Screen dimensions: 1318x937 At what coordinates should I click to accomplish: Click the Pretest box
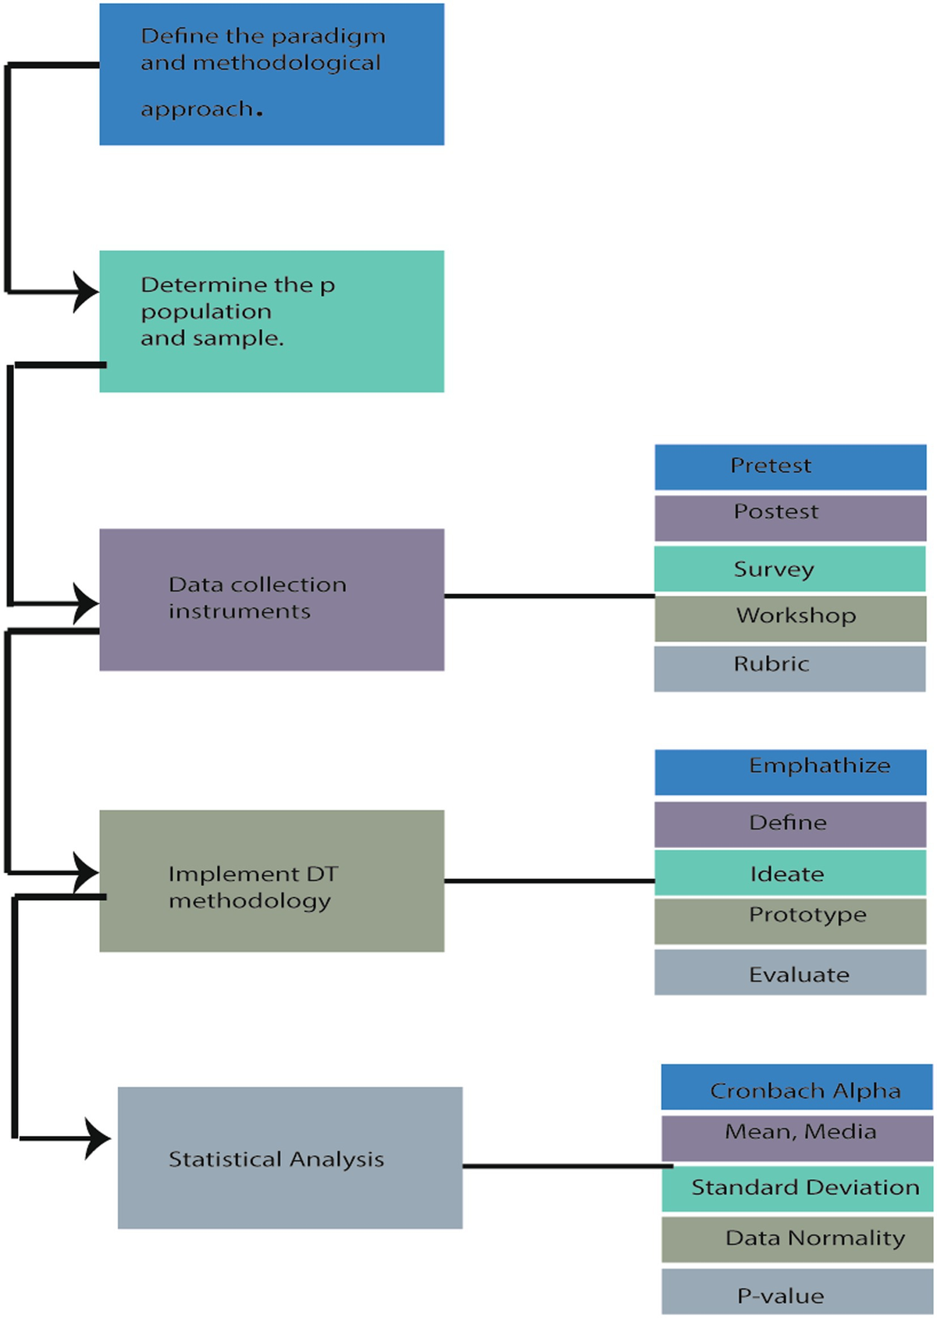[x=790, y=467]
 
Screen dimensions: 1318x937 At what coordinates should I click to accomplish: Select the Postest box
[x=790, y=518]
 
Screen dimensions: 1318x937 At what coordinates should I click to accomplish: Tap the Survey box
[x=790, y=568]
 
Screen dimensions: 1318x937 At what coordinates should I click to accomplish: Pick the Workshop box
[x=790, y=618]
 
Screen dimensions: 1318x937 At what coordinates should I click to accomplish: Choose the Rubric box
[x=790, y=668]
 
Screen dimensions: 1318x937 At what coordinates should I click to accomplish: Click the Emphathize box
[x=790, y=771]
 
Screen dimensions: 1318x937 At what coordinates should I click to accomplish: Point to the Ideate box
[x=790, y=873]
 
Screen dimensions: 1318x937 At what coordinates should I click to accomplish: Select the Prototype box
[x=790, y=921]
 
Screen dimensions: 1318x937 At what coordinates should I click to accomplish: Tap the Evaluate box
[x=790, y=972]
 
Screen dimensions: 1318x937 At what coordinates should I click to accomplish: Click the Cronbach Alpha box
[x=796, y=1087]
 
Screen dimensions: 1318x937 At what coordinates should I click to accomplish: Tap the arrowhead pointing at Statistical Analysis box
[x=98, y=1138]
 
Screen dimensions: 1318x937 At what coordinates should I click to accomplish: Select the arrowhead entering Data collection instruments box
[x=86, y=603]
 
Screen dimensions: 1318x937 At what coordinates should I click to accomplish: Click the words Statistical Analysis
[x=276, y=1159]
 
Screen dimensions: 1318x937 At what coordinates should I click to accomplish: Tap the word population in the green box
[x=206, y=312]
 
